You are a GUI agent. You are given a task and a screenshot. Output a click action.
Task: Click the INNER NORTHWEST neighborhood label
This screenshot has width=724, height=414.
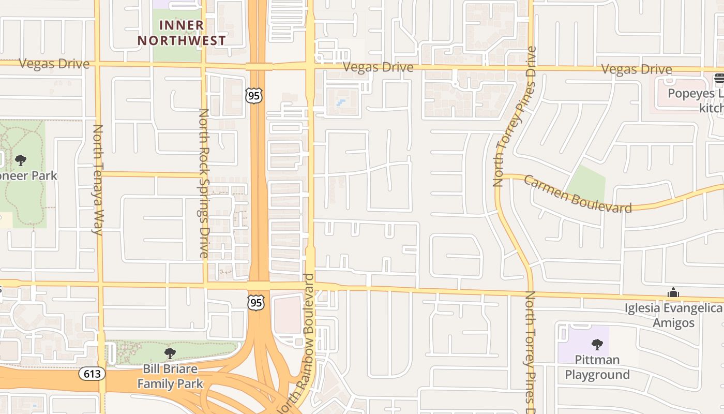(x=181, y=33)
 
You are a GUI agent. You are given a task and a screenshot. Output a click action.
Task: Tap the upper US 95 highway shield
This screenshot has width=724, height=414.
(x=254, y=95)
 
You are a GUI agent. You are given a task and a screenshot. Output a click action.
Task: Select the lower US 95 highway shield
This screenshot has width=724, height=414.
(x=256, y=302)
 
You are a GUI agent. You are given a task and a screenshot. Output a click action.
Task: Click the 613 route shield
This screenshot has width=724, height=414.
(x=93, y=373)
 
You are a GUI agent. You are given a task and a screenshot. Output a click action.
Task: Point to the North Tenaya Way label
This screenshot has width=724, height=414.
(x=98, y=180)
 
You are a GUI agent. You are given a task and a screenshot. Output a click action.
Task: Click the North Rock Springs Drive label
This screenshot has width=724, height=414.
(x=204, y=183)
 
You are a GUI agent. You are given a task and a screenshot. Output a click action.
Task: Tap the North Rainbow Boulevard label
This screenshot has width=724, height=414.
(x=302, y=344)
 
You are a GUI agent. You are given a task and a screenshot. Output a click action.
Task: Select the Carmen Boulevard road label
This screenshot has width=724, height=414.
(x=577, y=194)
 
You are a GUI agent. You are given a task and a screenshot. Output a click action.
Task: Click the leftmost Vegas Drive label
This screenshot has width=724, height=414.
(x=54, y=64)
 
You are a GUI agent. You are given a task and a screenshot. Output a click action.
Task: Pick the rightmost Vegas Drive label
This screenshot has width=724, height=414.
(x=637, y=69)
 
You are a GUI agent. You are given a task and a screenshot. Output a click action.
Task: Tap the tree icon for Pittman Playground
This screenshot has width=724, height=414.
(x=597, y=344)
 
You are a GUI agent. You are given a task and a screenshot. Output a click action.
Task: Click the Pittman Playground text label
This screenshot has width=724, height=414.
(x=597, y=367)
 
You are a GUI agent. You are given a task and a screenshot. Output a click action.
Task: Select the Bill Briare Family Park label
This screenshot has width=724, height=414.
(x=170, y=376)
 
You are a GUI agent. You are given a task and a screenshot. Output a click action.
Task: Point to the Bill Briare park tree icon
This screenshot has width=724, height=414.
(x=170, y=353)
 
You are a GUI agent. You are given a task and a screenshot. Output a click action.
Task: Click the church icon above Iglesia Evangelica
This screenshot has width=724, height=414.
(x=673, y=293)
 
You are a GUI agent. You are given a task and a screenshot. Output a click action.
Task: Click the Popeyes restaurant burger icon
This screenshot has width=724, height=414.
(x=719, y=79)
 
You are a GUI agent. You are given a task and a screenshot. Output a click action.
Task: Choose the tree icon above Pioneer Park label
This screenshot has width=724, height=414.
(x=21, y=160)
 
